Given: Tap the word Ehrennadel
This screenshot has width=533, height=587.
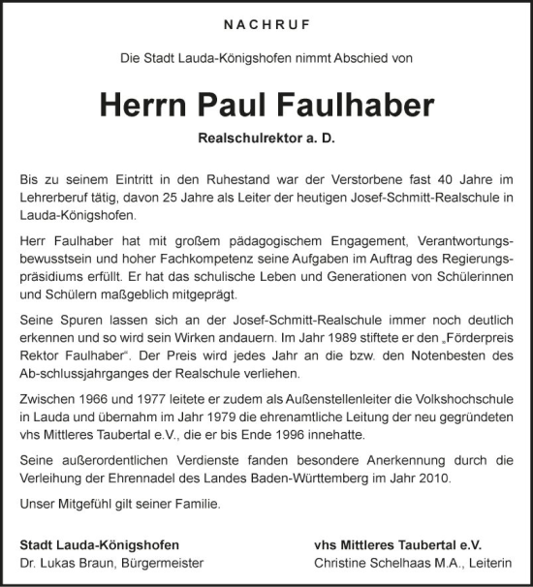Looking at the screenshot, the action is (x=175, y=479).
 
